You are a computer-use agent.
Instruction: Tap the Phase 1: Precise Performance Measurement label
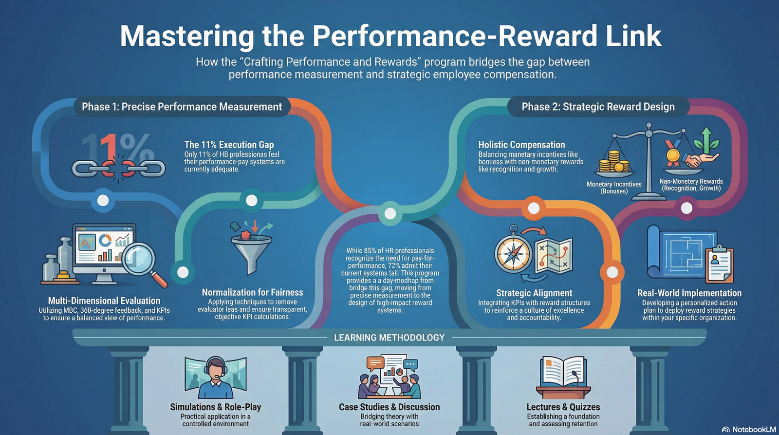(x=182, y=107)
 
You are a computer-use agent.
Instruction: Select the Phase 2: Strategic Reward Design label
(x=598, y=107)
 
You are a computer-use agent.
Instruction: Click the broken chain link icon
(x=119, y=169)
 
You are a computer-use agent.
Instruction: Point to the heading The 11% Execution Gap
(x=229, y=144)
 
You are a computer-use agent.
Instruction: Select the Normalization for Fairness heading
(x=253, y=292)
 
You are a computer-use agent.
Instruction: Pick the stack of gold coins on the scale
(x=614, y=161)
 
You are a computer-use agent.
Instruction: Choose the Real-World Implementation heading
(x=689, y=293)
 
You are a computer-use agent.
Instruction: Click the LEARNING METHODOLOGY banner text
(x=389, y=338)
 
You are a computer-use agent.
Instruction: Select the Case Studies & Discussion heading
(x=389, y=407)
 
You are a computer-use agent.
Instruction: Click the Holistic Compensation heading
(x=521, y=144)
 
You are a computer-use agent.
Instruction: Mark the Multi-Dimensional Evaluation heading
(x=104, y=301)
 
